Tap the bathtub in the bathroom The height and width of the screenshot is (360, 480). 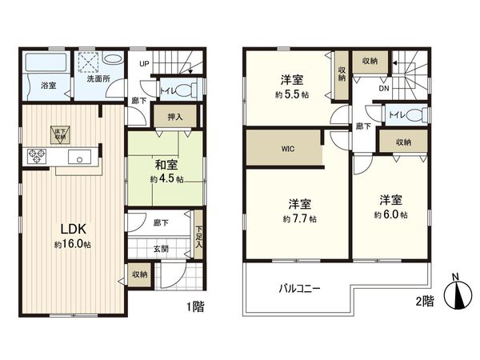(x=46, y=62)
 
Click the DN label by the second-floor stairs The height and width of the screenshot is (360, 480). (x=383, y=90)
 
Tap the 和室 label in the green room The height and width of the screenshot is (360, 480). (x=166, y=166)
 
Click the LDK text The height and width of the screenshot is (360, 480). (x=68, y=226)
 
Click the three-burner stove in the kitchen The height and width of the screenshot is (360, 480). (x=35, y=156)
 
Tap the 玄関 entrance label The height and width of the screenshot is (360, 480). (x=160, y=248)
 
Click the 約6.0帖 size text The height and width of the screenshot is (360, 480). (x=391, y=215)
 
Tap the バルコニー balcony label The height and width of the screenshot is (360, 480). (x=299, y=289)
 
